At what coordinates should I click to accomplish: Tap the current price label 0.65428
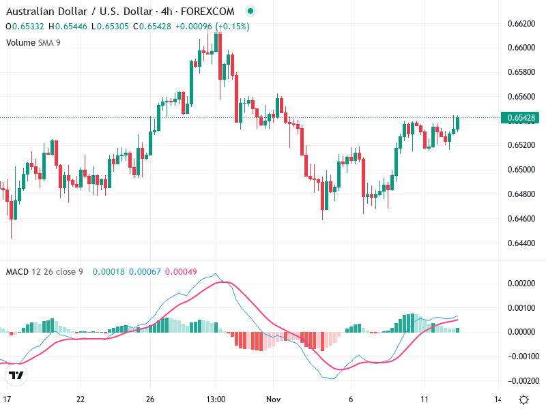(x=522, y=118)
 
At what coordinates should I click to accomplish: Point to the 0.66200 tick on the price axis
(x=521, y=23)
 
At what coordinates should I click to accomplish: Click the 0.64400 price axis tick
(x=521, y=243)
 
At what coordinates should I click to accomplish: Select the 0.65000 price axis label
(x=521, y=170)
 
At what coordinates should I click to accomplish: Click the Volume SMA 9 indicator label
(x=33, y=42)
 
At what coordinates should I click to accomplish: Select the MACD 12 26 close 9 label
(x=44, y=272)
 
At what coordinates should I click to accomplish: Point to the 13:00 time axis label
(x=216, y=399)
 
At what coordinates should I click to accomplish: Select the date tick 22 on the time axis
(x=81, y=399)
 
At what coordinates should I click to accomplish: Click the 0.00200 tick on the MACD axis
(x=521, y=283)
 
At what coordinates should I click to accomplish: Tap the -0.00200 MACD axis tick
(x=519, y=380)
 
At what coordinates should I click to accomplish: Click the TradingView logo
(x=16, y=375)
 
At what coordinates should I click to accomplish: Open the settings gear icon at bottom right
(x=523, y=399)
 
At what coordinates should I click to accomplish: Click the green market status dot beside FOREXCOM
(x=250, y=12)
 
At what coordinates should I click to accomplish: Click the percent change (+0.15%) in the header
(x=231, y=27)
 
